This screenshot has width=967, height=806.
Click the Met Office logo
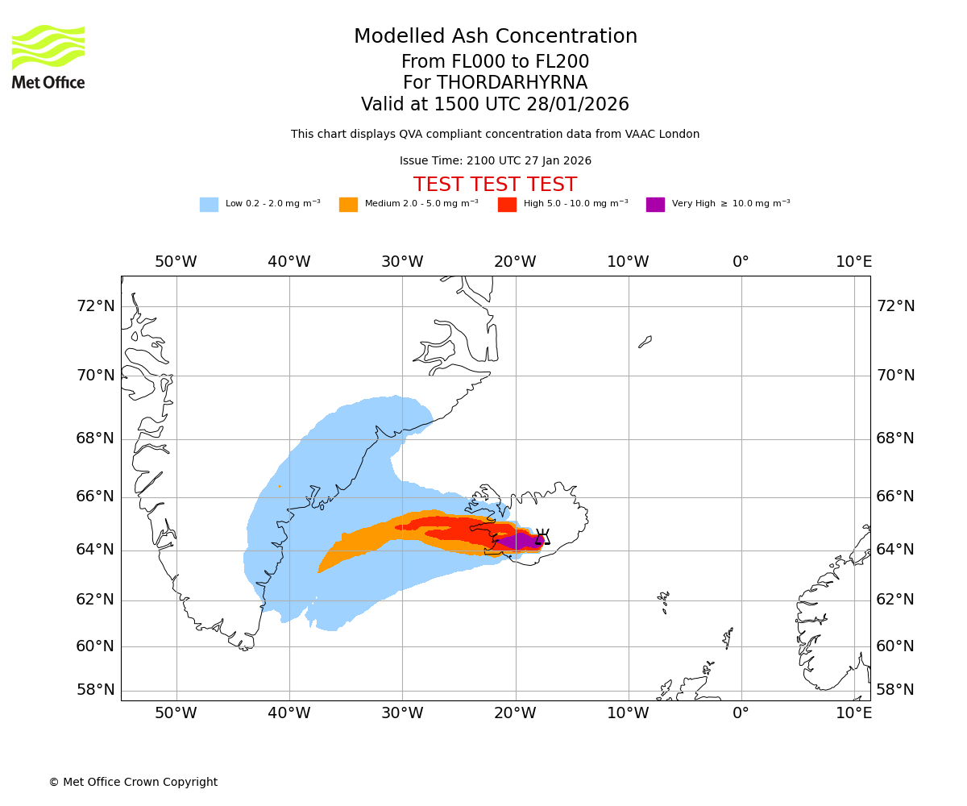48,57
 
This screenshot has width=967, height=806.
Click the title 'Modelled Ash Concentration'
496,37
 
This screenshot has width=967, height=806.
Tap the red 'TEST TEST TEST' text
495,185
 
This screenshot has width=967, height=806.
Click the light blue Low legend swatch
209,205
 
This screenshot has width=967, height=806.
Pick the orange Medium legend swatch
348,205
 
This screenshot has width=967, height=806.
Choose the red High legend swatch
507,205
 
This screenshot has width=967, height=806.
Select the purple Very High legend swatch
655,205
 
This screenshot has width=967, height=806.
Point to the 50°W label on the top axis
176,262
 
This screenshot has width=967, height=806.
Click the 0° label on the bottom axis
741,713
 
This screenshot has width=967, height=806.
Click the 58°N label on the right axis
895,690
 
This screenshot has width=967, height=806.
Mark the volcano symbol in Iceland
542,537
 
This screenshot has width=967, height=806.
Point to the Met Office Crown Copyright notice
133,783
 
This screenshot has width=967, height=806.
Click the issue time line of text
496,161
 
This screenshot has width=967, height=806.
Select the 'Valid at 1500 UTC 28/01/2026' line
495,105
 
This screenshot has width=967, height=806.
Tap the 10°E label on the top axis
853,262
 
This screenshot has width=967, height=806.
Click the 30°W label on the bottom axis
402,713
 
